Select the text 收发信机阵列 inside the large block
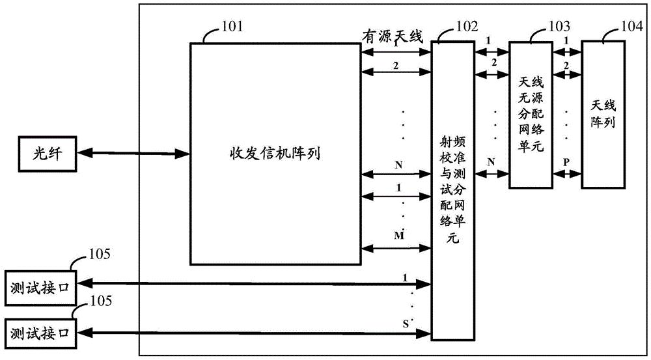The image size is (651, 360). click(x=270, y=154)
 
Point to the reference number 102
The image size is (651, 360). click(x=466, y=27)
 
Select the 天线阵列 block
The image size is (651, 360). click(x=602, y=113)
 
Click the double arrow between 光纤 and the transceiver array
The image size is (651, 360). click(x=134, y=154)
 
